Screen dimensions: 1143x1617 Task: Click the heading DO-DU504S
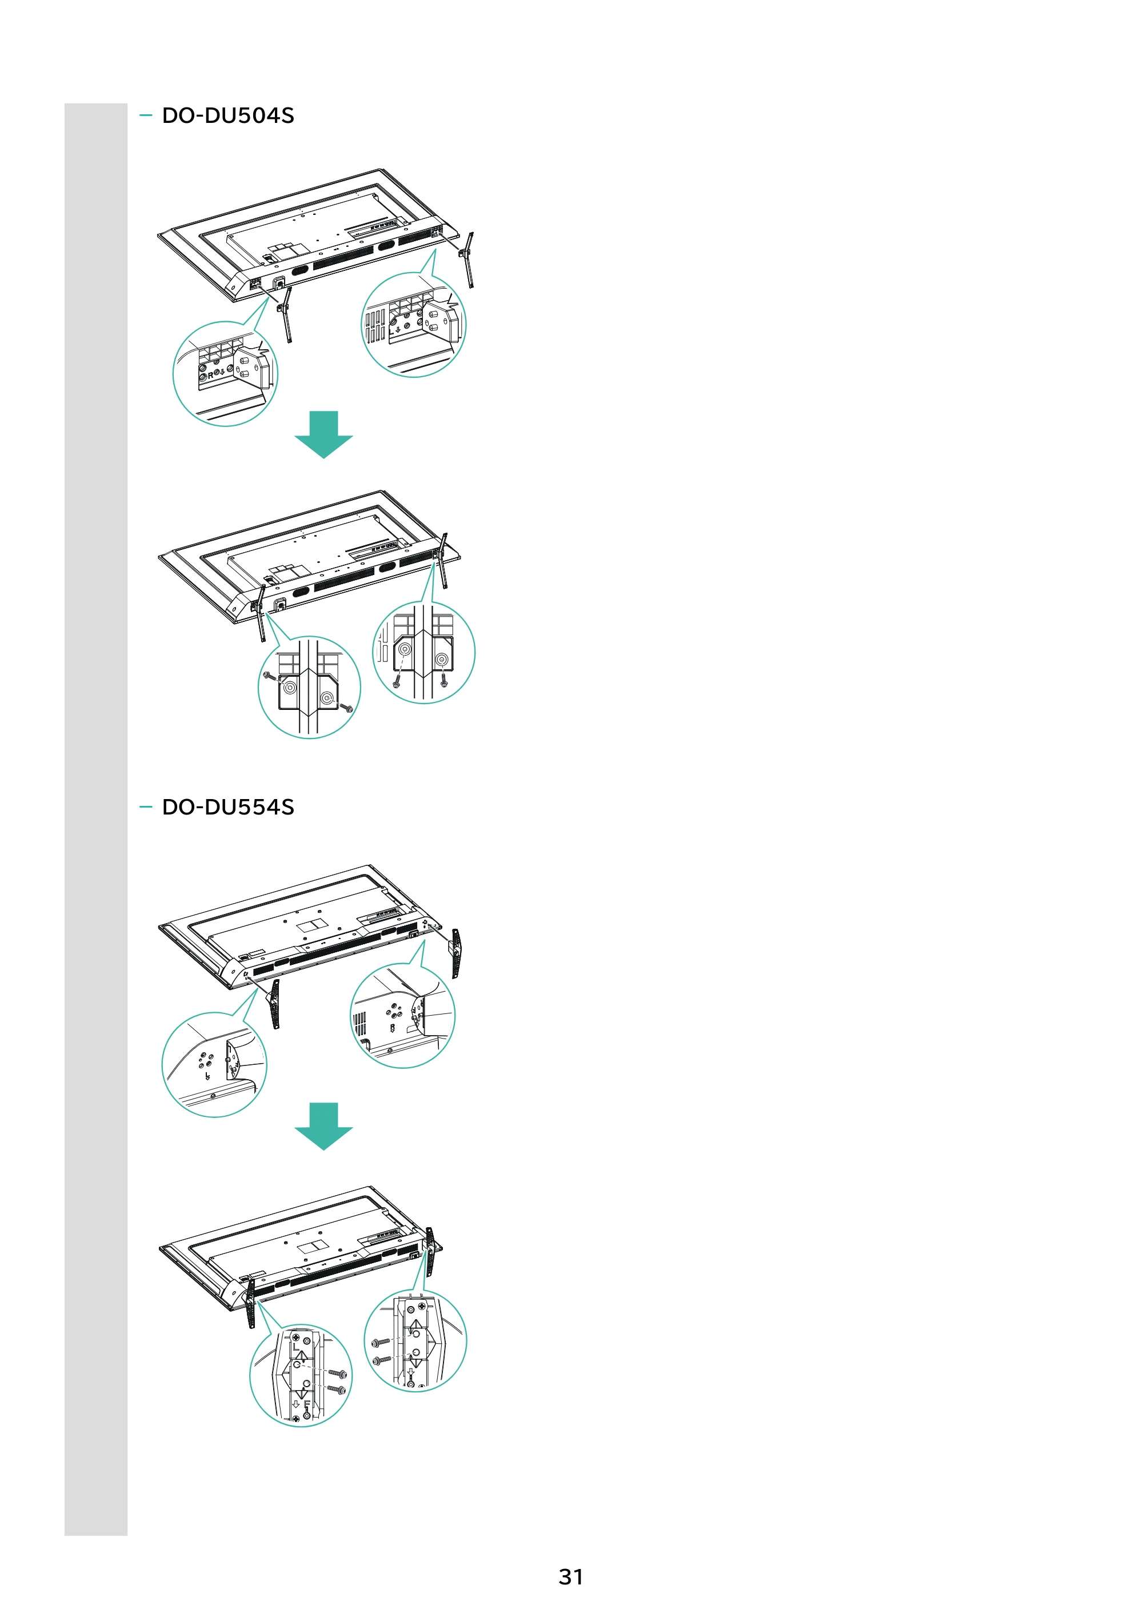[x=227, y=115]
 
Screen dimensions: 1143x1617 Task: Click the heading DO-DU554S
[x=227, y=807]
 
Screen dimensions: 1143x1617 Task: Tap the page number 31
[x=570, y=1577]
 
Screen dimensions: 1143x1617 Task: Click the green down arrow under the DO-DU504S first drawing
[x=323, y=434]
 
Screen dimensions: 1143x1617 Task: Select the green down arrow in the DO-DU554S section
[x=323, y=1126]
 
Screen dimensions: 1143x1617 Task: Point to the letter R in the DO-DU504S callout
[x=210, y=376]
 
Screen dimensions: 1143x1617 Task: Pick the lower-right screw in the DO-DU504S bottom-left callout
[x=345, y=707]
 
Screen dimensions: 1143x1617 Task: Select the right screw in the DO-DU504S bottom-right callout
[x=443, y=680]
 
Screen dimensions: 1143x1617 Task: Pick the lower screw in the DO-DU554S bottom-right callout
[x=381, y=1360]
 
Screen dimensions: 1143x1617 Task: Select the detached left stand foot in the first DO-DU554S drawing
[x=273, y=1004]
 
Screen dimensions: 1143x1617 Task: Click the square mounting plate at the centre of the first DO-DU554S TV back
[x=310, y=924]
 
